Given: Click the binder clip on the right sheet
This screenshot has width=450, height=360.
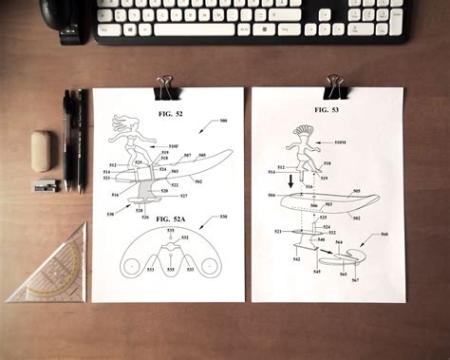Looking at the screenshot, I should point(334,86).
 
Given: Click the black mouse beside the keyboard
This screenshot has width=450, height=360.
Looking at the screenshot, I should point(67,22).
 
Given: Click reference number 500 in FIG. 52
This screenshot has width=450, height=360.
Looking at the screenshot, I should point(223,121).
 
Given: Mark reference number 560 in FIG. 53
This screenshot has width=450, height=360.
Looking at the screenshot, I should point(384,234).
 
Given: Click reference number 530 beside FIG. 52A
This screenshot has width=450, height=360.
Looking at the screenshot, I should point(223,217).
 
